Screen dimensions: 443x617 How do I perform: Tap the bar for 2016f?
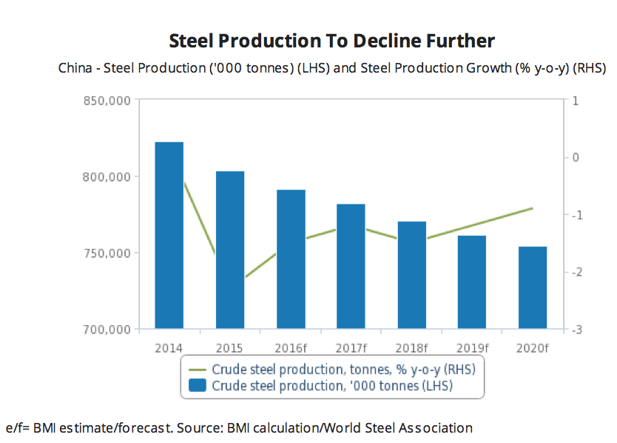point(291,259)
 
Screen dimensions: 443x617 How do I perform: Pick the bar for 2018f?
point(411,275)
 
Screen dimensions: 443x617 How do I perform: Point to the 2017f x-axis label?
point(351,347)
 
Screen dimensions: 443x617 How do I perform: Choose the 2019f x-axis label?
point(471,347)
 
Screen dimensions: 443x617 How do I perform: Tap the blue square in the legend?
point(198,385)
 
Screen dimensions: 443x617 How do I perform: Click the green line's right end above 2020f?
point(533,208)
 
